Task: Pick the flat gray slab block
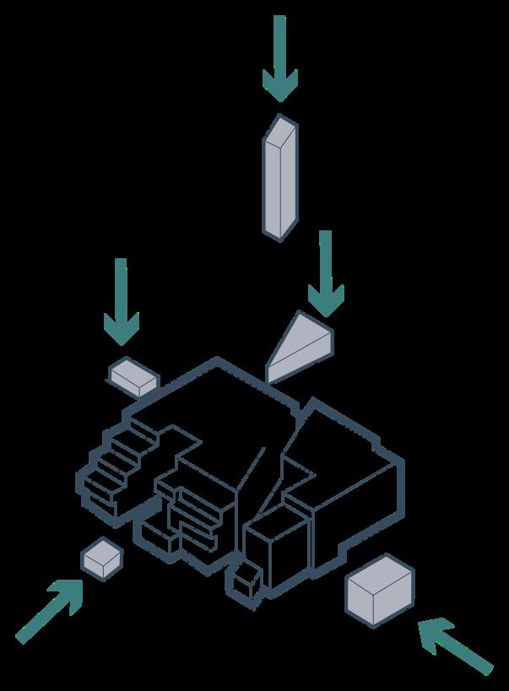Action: click(x=133, y=375)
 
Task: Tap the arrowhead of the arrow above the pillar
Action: click(x=279, y=84)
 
